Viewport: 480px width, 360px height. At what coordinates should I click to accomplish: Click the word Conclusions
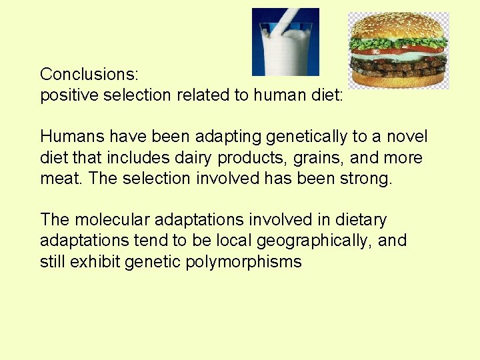[89, 73]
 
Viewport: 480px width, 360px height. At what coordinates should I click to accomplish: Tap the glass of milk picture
[285, 43]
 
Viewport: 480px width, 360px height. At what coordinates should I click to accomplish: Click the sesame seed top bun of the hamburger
[397, 27]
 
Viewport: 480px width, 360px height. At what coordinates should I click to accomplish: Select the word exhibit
[99, 262]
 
